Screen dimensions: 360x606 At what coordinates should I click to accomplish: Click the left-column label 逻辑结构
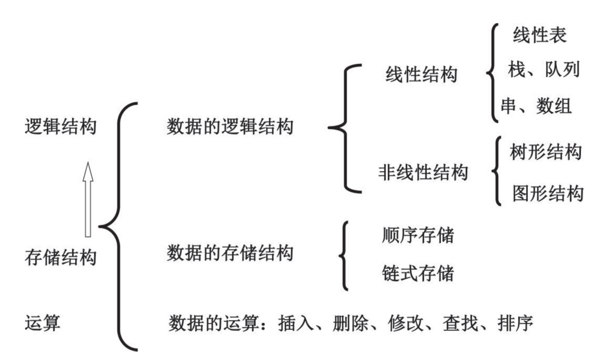pos(60,128)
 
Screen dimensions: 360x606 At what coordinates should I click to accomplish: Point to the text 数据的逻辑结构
pos(230,128)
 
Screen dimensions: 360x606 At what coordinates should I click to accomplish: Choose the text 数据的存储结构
pos(230,254)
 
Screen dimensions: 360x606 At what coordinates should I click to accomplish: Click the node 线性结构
pos(421,75)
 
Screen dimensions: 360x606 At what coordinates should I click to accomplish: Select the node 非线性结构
pos(423,174)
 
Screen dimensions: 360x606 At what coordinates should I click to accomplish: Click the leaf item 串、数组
pos(536,107)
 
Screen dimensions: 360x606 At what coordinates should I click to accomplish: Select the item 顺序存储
pos(418,236)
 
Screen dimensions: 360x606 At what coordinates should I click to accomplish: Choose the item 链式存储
pos(418,272)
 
